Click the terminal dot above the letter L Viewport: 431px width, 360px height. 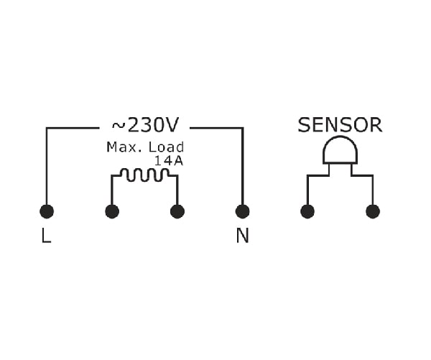47,211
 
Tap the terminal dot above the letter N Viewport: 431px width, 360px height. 243,211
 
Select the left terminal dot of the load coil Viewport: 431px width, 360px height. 112,211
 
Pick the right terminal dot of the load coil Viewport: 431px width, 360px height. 177,211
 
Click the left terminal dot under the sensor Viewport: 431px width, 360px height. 307,211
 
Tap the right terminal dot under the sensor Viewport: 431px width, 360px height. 373,211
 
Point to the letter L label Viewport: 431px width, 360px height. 46,236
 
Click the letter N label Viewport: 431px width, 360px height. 243,236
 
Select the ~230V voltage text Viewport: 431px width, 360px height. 145,125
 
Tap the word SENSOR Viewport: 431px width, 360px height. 340,125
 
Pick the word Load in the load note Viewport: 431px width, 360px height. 166,147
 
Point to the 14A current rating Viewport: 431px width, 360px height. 169,161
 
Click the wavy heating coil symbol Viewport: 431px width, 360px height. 145,175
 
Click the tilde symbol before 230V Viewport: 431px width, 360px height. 119,126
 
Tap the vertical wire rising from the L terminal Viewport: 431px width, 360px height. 47,166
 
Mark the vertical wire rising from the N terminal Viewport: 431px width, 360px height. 243,166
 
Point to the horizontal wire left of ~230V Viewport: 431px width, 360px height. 73,128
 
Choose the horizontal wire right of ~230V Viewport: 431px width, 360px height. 217,128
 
